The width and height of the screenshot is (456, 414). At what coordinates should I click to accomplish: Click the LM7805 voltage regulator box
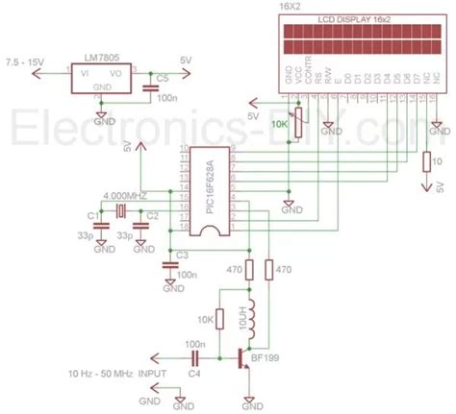pos(103,76)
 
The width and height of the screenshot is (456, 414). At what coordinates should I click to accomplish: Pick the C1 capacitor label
pos(91,215)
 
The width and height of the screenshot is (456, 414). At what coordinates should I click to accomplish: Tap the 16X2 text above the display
pos(289,6)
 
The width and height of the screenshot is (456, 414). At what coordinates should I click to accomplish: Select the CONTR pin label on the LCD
pos(308,78)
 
